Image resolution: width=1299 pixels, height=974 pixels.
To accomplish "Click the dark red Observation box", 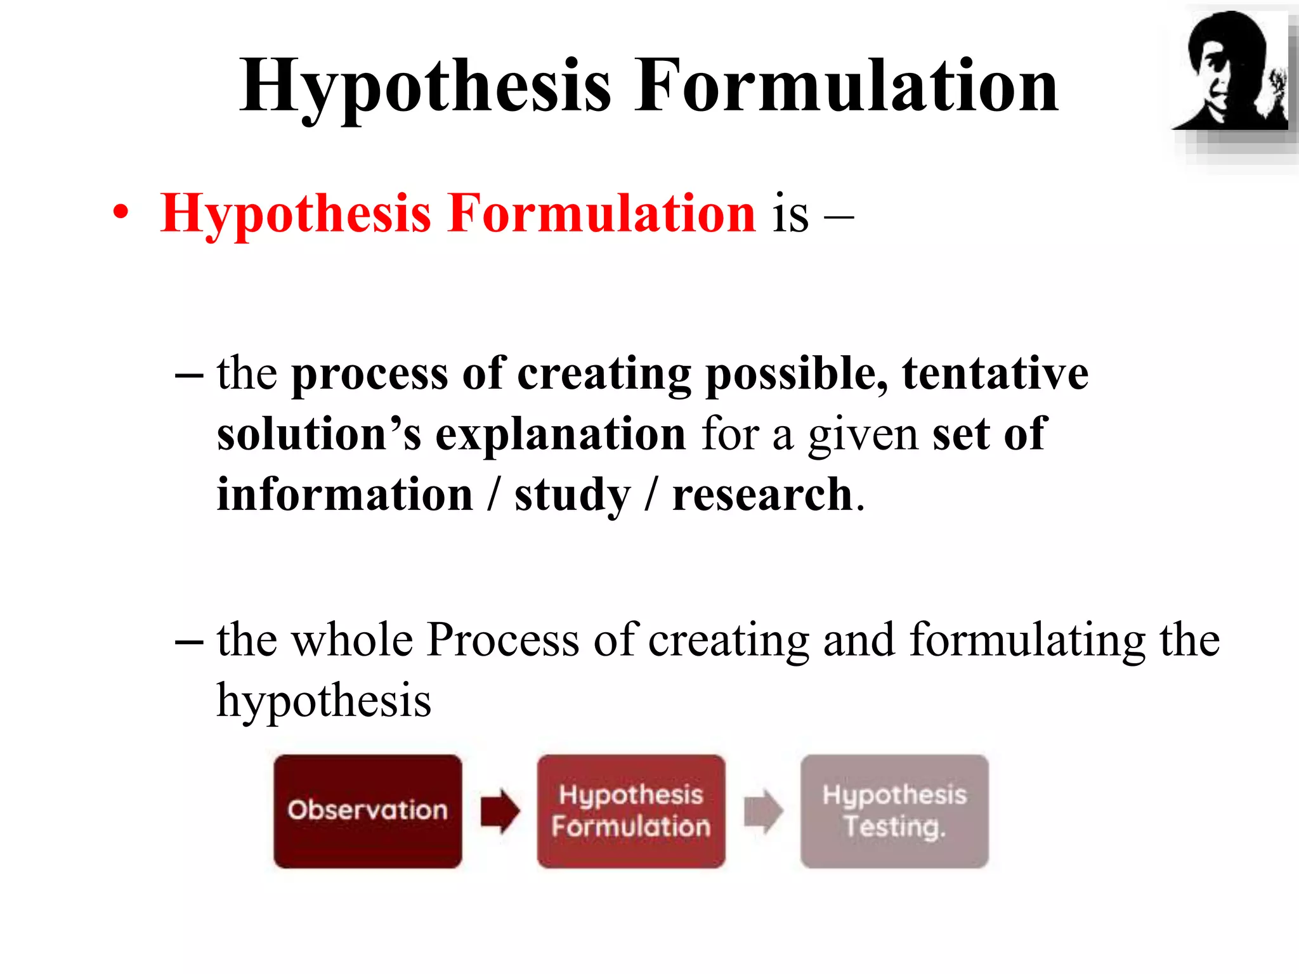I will click(x=368, y=810).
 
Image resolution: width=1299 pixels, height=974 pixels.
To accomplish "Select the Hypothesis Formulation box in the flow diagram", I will click(x=631, y=810).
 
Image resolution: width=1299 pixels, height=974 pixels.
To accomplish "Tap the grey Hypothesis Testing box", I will click(x=894, y=810).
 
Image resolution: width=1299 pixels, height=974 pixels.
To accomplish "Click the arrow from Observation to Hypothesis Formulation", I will click(x=500, y=811).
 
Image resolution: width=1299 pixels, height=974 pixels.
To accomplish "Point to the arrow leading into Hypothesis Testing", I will click(x=763, y=811).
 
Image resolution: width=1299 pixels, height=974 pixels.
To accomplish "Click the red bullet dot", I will click(x=121, y=213).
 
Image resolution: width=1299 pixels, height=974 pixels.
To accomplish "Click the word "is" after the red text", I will click(x=790, y=214).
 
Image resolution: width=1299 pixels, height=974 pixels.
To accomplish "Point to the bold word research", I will click(x=762, y=495).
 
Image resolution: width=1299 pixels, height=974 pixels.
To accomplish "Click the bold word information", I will click(x=345, y=495).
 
